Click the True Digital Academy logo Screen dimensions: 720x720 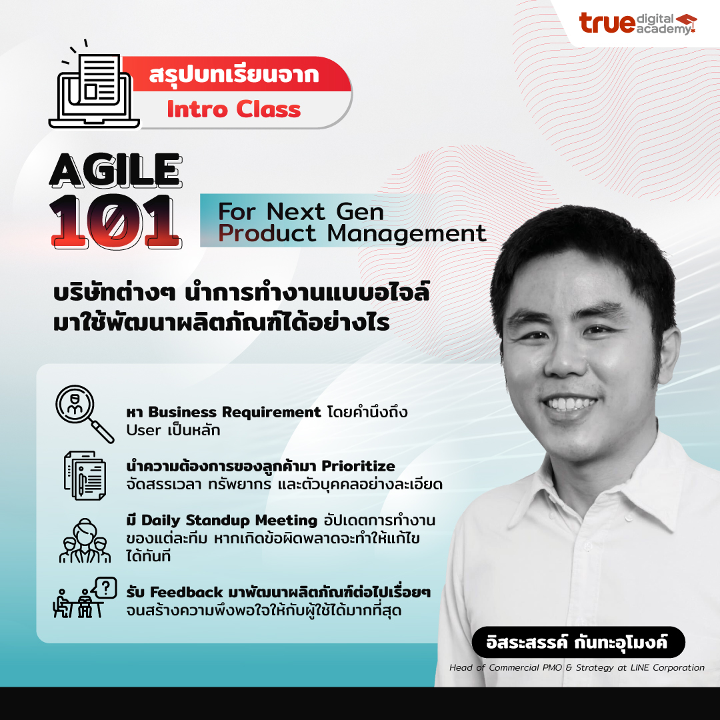click(x=637, y=23)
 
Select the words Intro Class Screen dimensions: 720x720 click(x=233, y=109)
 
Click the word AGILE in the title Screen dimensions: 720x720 click(x=115, y=172)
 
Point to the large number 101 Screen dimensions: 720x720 click(x=115, y=221)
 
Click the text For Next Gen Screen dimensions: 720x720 click(x=301, y=212)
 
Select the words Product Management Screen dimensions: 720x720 click(x=353, y=233)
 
